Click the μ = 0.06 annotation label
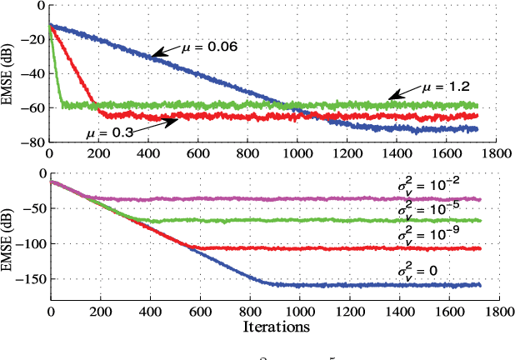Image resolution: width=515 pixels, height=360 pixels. tap(211, 47)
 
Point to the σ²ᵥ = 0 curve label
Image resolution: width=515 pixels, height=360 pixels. tap(422, 271)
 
